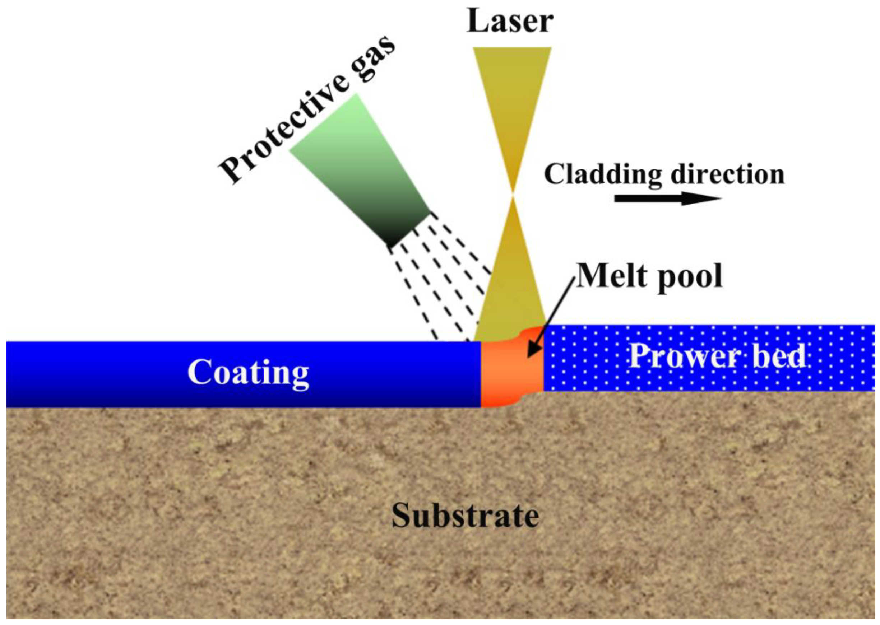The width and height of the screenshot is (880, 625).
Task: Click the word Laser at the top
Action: coord(510,22)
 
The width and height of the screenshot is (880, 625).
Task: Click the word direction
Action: coord(728,174)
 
